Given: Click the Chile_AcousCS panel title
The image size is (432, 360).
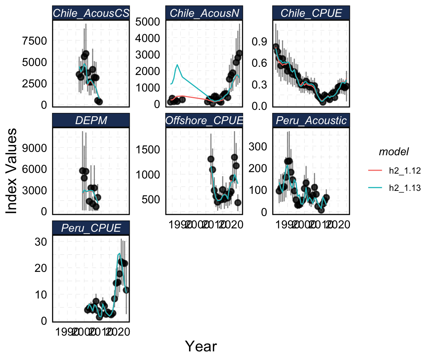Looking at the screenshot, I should (x=91, y=13).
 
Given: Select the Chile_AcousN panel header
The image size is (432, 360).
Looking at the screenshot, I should (x=204, y=13).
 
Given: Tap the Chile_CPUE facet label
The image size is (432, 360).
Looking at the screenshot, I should (x=311, y=13).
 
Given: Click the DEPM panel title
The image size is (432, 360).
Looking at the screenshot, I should (x=91, y=121).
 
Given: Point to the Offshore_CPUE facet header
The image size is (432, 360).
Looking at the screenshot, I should (x=204, y=121).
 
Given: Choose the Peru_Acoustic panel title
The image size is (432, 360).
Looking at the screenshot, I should (x=311, y=121).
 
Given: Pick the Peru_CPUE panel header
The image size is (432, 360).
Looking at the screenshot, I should (x=91, y=228).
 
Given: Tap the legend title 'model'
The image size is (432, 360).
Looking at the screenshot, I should (x=393, y=151).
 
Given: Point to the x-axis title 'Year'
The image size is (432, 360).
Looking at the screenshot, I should (x=201, y=346).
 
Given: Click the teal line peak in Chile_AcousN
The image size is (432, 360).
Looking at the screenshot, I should (x=177, y=65).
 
